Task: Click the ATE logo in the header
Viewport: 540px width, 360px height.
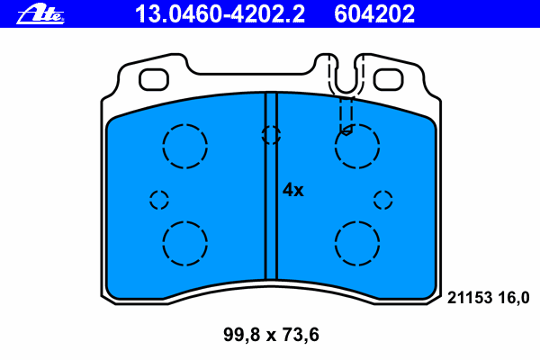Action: (40, 14)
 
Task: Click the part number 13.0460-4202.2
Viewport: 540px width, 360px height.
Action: (220, 14)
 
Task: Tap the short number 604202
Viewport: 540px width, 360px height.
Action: (374, 14)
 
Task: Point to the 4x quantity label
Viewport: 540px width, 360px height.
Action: (293, 190)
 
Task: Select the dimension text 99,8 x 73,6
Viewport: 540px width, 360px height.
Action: (271, 335)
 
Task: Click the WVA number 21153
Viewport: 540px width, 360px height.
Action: (470, 297)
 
